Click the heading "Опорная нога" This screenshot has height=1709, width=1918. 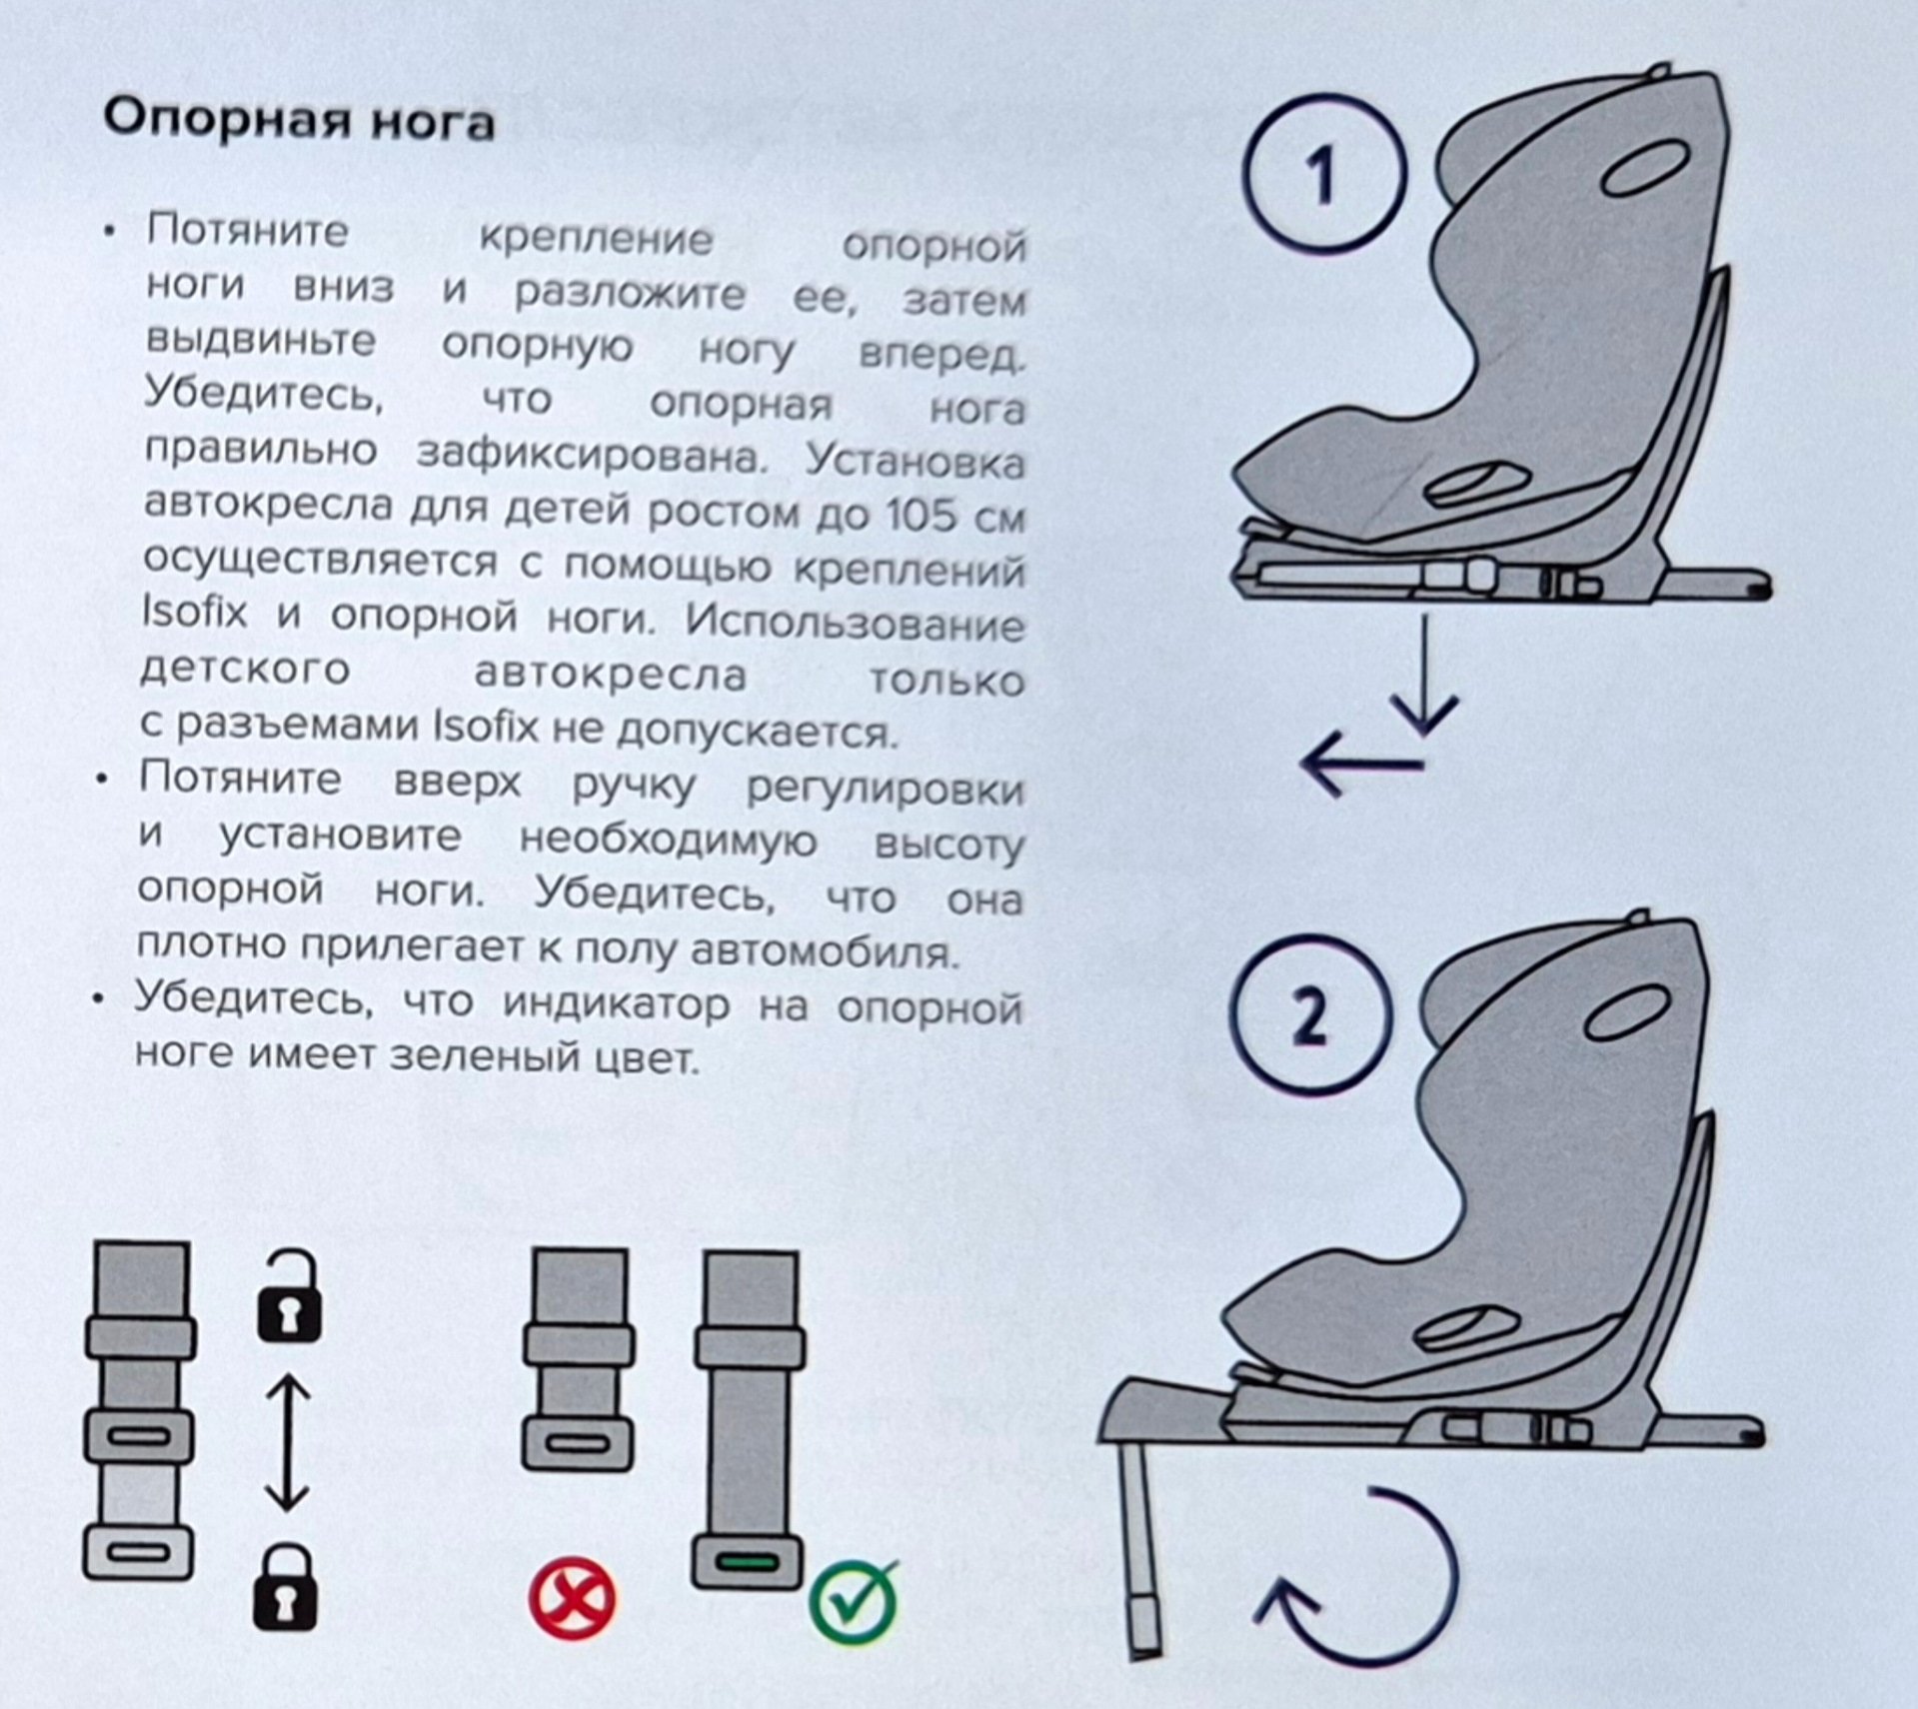click(x=299, y=122)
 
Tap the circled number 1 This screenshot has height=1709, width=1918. click(x=1323, y=175)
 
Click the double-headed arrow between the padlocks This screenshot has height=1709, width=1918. click(x=288, y=1443)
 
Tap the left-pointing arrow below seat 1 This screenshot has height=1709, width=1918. click(x=1361, y=765)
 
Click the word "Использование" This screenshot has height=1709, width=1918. click(x=855, y=624)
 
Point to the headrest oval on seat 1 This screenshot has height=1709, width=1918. click(x=1645, y=172)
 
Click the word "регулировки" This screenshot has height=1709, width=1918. click(x=886, y=789)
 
